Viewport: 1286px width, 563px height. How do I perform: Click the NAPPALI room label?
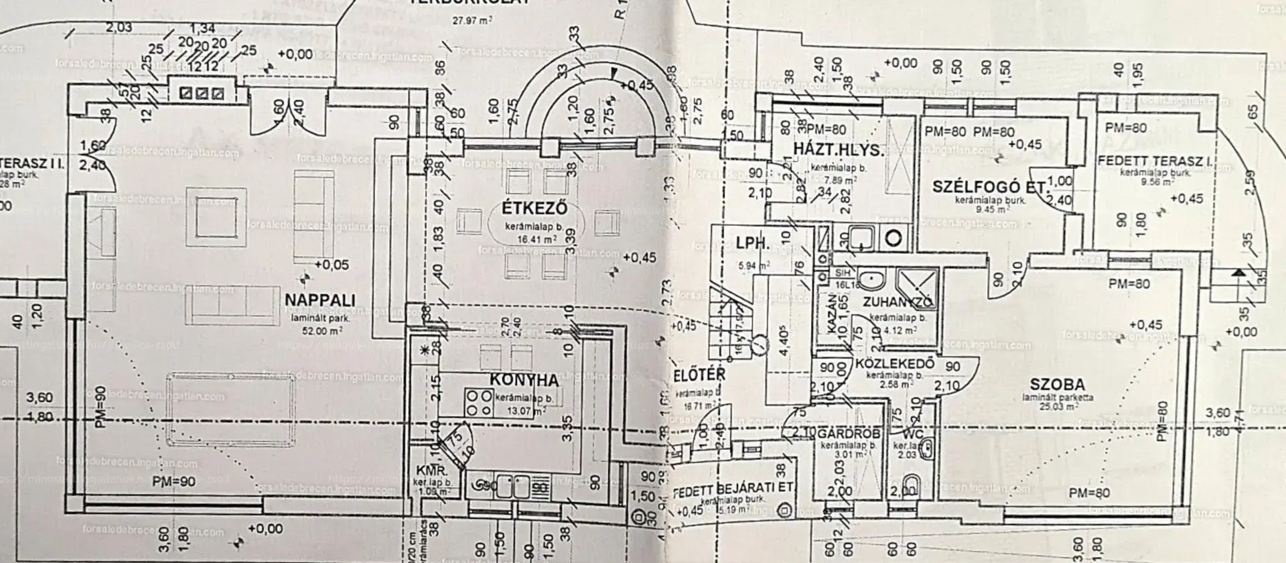pos(319,300)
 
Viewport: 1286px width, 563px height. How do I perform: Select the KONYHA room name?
pos(524,380)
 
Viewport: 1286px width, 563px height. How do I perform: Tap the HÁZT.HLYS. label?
pos(839,149)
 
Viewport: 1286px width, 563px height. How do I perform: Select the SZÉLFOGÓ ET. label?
pos(989,187)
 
